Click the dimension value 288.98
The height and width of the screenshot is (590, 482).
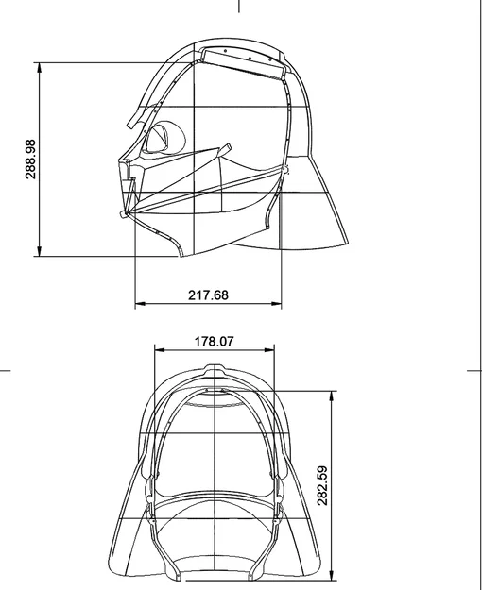point(31,159)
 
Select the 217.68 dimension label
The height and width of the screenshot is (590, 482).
point(208,295)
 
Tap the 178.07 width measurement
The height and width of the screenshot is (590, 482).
point(214,342)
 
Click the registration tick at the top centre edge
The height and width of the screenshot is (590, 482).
point(239,6)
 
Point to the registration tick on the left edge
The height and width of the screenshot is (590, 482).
point(5,371)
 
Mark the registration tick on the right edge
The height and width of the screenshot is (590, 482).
point(475,371)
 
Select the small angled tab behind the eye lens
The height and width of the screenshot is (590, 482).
point(225,149)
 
